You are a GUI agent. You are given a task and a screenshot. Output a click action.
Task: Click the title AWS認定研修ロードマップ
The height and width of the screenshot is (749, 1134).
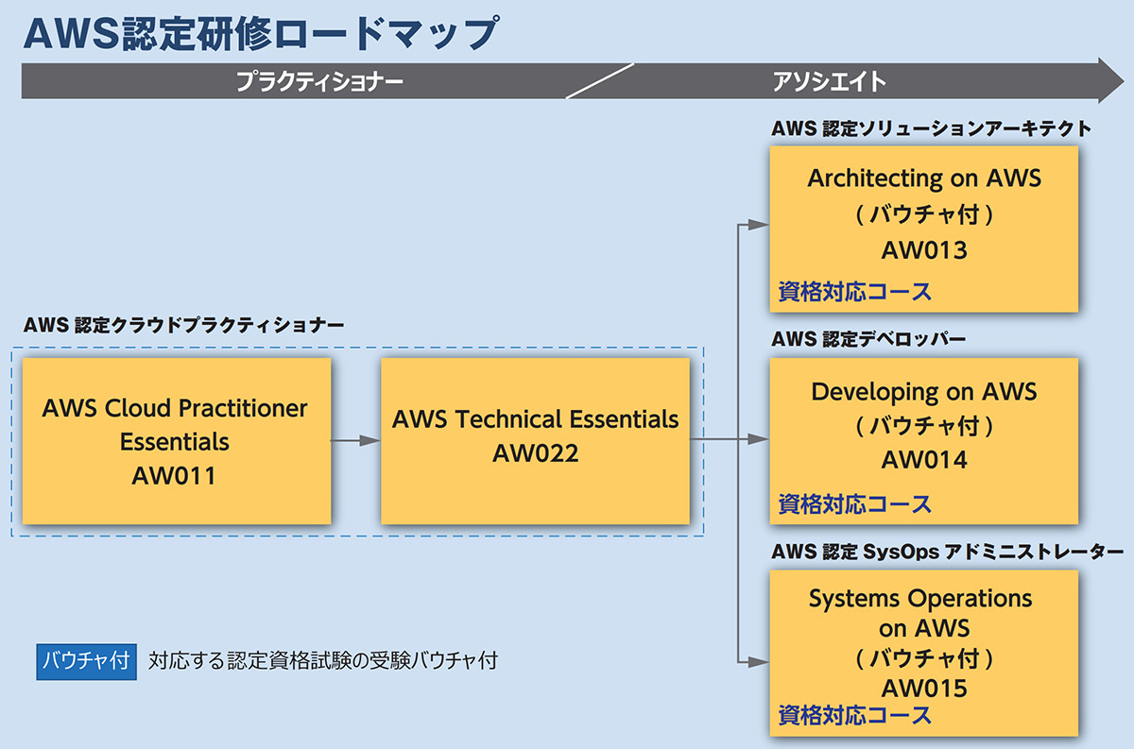pos(261,33)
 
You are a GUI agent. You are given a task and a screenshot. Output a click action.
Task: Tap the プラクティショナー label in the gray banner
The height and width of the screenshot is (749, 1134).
pos(319,81)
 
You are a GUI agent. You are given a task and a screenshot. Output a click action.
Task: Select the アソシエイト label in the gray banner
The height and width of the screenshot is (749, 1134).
pos(830,81)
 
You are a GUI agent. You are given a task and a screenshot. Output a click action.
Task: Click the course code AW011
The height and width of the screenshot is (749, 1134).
pos(174,476)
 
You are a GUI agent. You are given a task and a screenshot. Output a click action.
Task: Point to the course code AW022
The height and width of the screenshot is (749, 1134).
pos(535,453)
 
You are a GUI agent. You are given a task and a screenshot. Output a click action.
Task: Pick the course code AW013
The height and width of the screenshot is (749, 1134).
pos(924,250)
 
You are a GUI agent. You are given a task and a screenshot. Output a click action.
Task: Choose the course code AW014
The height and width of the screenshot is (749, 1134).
pos(924,460)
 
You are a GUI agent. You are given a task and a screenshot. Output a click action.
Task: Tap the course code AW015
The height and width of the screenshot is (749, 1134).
pos(924,689)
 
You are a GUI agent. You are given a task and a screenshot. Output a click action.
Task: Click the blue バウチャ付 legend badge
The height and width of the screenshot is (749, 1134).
pos(86,661)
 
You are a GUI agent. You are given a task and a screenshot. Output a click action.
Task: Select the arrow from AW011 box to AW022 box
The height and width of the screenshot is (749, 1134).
pos(355,441)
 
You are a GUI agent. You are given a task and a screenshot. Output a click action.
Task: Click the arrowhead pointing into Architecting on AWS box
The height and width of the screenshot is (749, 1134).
pos(758,224)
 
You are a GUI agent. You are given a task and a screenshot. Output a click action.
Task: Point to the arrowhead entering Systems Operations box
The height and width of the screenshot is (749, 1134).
pos(758,661)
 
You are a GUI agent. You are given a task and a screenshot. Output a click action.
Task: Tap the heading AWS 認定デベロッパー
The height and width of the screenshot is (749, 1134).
pos(868,339)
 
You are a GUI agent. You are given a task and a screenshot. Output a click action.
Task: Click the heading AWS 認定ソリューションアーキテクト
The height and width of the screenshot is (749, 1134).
pos(931,128)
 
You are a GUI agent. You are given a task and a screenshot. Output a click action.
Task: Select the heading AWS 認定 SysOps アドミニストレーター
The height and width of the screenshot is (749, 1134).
pos(947,551)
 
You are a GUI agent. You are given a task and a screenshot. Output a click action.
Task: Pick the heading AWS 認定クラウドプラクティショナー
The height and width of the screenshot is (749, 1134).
pos(183,325)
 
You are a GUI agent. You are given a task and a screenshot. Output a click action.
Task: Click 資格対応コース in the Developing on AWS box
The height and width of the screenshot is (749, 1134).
pos(854,504)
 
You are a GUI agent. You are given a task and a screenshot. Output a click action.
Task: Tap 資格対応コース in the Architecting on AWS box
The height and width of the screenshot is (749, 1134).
pos(854,292)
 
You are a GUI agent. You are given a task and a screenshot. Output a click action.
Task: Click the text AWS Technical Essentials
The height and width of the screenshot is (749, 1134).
pos(535,419)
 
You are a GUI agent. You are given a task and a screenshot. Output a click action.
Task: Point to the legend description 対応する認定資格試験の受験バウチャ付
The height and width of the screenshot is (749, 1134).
pos(323,661)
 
